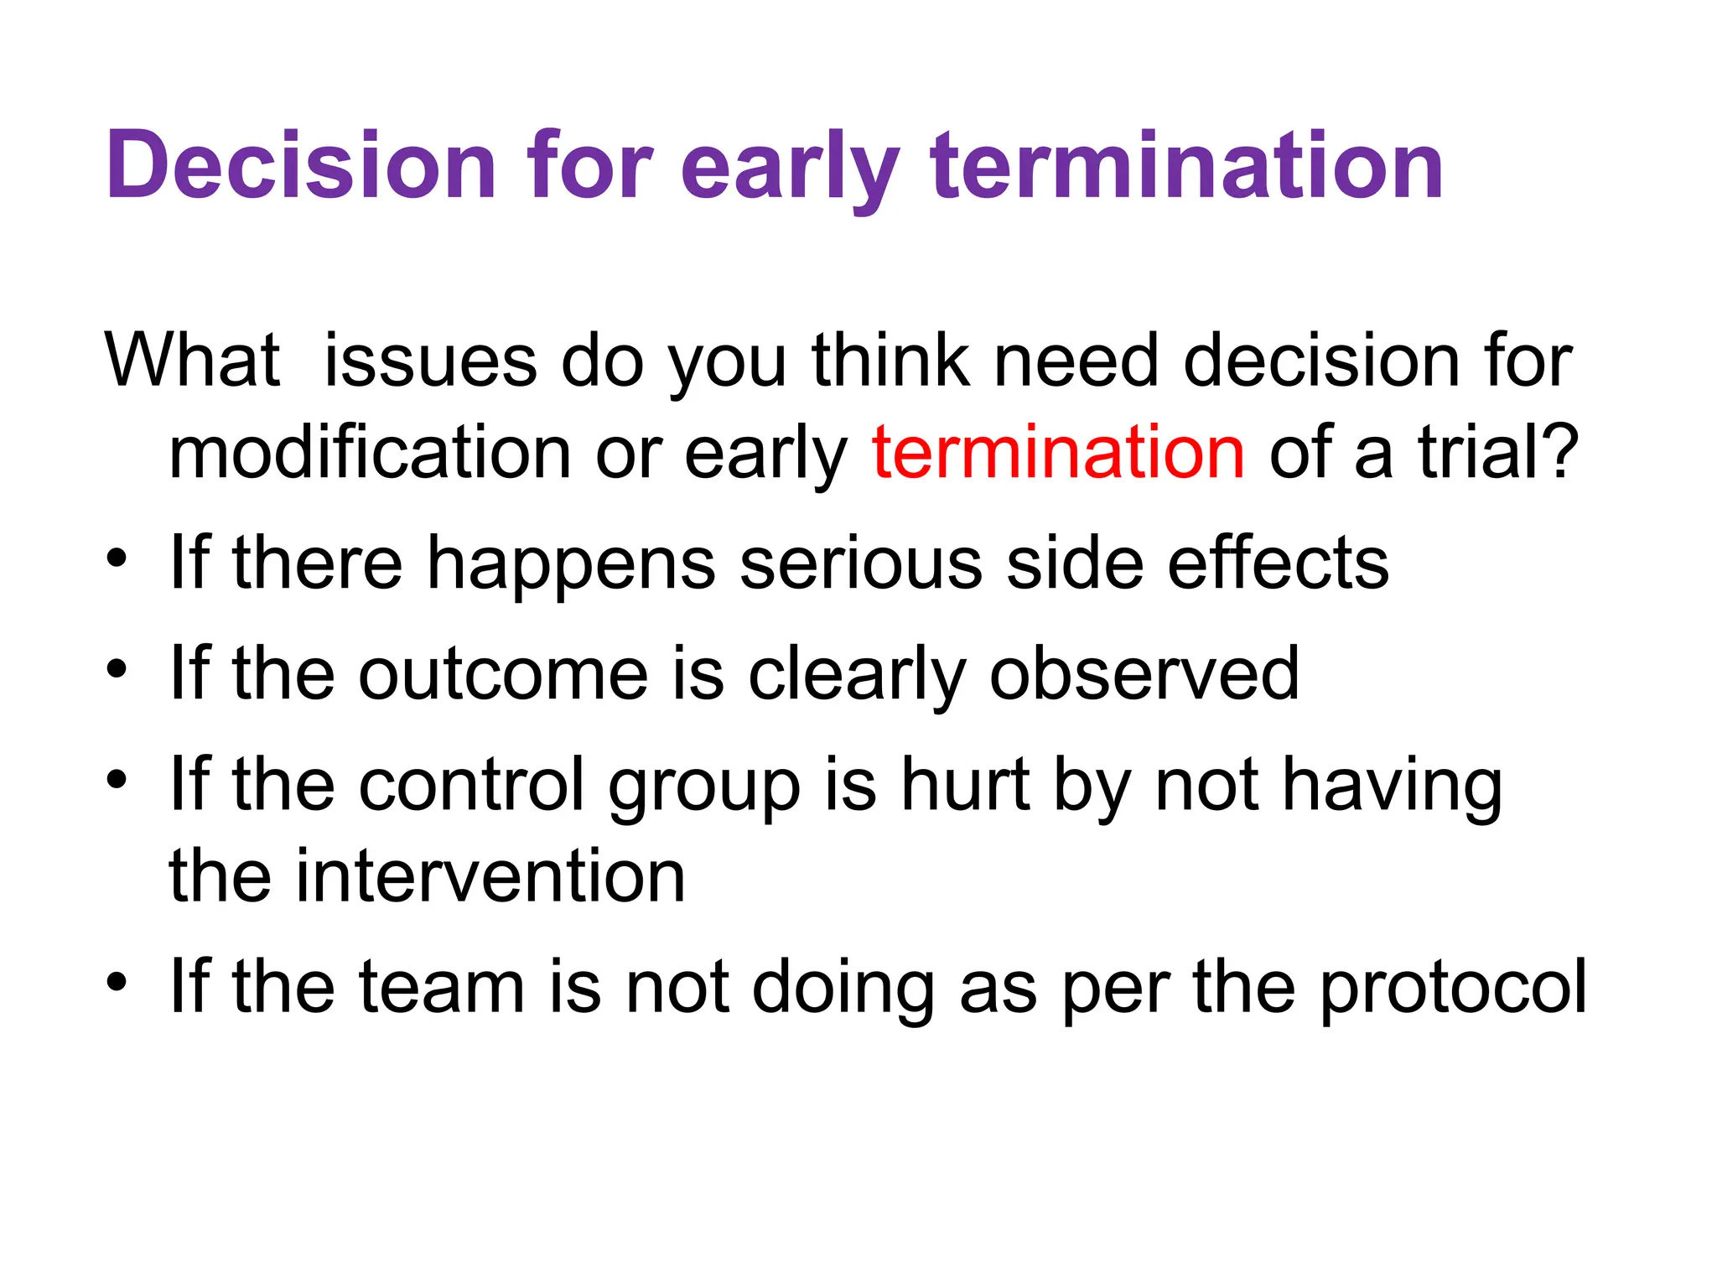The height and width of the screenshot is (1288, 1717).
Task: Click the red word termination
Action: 1058,453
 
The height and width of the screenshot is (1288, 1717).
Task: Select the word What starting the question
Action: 192,361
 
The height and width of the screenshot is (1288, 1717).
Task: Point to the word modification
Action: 370,453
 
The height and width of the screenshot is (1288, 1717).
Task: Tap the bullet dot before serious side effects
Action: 117,558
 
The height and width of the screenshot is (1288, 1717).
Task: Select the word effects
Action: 1278,563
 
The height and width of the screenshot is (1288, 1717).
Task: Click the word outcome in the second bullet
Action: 503,674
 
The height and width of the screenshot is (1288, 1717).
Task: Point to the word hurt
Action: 964,785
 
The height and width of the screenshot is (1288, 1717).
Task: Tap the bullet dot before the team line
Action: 117,981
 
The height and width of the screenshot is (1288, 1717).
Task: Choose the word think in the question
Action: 890,361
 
